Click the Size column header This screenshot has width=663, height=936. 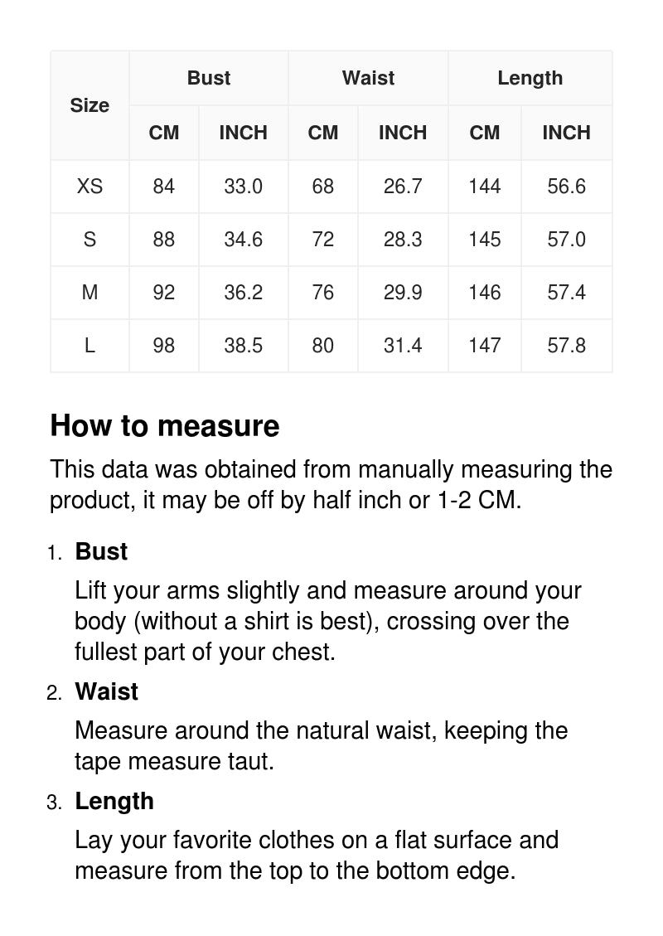pyautogui.click(x=90, y=105)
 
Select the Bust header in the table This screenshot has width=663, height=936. pyautogui.click(x=209, y=78)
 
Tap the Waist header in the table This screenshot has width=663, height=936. pyautogui.click(x=368, y=78)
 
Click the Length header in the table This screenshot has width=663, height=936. pyautogui.click(x=530, y=78)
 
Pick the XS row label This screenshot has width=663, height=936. pyautogui.click(x=90, y=187)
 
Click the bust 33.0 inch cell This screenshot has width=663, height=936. pyautogui.click(x=243, y=187)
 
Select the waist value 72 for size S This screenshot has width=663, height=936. pyautogui.click(x=323, y=240)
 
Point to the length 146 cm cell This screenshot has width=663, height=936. pyautogui.click(x=484, y=293)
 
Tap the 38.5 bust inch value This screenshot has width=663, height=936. pyautogui.click(x=243, y=346)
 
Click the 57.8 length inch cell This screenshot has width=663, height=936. pyautogui.click(x=566, y=346)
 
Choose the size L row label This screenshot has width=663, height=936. pyautogui.click(x=90, y=346)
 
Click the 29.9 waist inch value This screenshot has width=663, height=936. pyautogui.click(x=403, y=293)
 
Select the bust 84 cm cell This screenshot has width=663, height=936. pyautogui.click(x=164, y=187)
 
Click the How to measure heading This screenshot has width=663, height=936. pyautogui.click(x=165, y=425)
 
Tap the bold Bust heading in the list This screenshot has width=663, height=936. pyautogui.click(x=101, y=551)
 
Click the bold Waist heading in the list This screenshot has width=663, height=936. pyautogui.click(x=106, y=691)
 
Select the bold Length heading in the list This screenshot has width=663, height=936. pyautogui.click(x=114, y=801)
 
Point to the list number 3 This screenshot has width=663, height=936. pyautogui.click(x=54, y=803)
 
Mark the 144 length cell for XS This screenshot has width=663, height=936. pyautogui.click(x=484, y=187)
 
